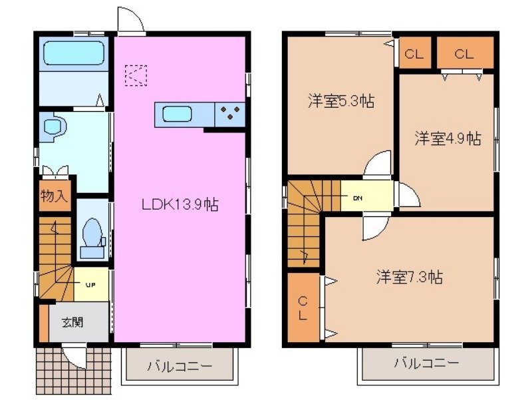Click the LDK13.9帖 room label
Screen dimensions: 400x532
pos(180,204)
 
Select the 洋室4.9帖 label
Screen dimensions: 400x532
pos(448,138)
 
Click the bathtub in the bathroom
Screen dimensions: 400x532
pos(73,54)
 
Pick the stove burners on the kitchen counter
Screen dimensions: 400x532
pos(230,114)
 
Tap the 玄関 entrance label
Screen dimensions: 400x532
pos(73,322)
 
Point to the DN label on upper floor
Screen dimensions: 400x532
pos(358,198)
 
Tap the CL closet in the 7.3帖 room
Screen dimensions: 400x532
pos(303,307)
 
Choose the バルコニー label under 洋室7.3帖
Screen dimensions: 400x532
pos(426,363)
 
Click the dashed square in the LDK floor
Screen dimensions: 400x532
pos(136,75)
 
